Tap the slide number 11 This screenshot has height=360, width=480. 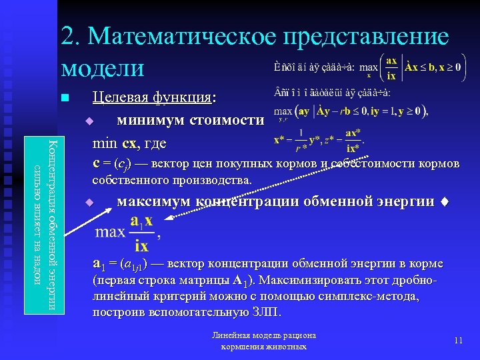[x=458, y=341]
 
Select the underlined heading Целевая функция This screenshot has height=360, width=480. [x=154, y=97]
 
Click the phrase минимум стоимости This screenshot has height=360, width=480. [x=190, y=121]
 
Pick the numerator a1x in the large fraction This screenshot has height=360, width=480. [x=142, y=220]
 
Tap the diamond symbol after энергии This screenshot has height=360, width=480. [x=445, y=203]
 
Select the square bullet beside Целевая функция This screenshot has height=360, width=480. [x=64, y=99]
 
